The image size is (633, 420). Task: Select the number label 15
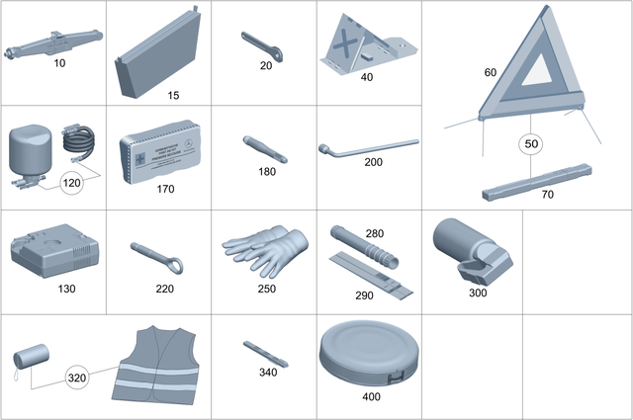[173, 96]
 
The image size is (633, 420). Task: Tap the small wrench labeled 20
[265, 45]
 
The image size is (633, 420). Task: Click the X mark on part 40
[344, 43]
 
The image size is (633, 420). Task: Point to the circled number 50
[532, 144]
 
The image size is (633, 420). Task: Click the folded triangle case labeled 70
[534, 180]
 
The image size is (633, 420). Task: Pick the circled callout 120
[72, 183]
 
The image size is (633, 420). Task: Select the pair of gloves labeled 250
[263, 248]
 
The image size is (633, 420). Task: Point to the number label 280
[375, 233]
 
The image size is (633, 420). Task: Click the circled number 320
[78, 378]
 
